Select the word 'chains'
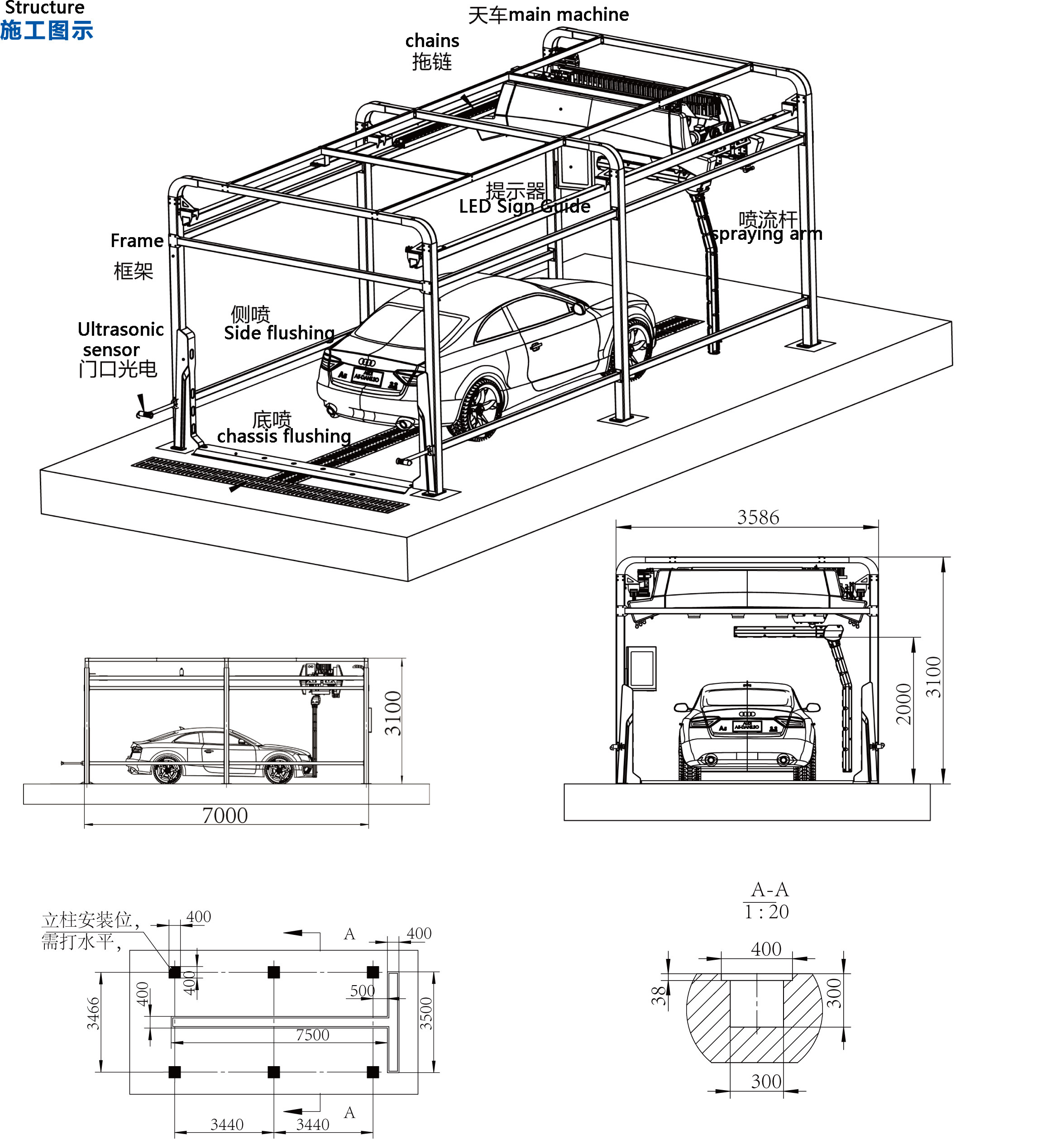[x=432, y=41]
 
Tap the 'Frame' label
[x=137, y=241]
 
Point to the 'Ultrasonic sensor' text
[x=120, y=339]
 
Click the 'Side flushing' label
[x=279, y=333]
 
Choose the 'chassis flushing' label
[x=284, y=436]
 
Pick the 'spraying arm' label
[x=766, y=234]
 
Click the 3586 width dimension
[x=758, y=517]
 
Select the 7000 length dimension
[x=225, y=816]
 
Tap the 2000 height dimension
[x=903, y=704]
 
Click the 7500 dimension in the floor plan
[x=312, y=1035]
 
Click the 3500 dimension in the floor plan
[x=426, y=1014]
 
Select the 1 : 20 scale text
[x=766, y=912]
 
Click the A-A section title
[x=769, y=890]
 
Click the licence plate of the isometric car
[x=368, y=377]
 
